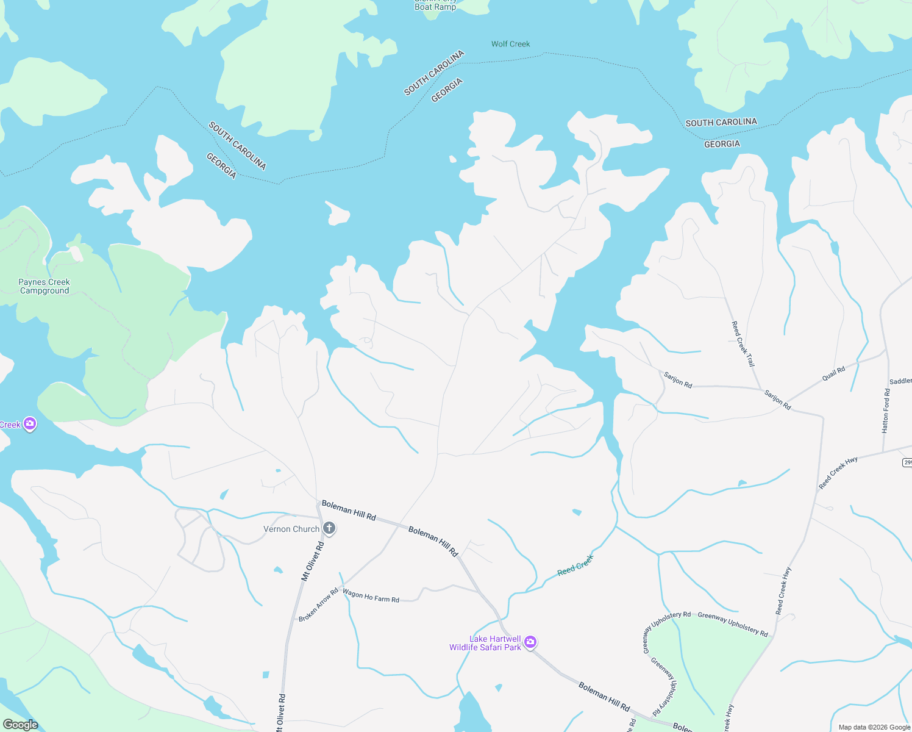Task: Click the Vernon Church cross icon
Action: tap(329, 528)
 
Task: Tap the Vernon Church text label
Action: tap(291, 529)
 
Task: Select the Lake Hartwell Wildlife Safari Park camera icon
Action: tap(530, 642)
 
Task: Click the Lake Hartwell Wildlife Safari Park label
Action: tap(486, 643)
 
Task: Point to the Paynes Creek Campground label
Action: tap(44, 286)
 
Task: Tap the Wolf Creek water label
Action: tap(510, 44)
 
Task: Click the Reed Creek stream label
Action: tap(575, 565)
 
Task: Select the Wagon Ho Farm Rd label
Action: tap(371, 595)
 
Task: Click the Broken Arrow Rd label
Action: tap(318, 605)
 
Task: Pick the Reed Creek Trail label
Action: tap(743, 343)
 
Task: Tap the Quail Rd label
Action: tap(833, 373)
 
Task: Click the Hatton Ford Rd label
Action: tap(886, 411)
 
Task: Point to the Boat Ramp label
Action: tap(435, 7)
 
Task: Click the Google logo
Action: tap(20, 725)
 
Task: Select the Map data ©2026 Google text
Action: tap(874, 727)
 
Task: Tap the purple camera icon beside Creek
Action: tap(29, 424)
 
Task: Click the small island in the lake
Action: tap(338, 213)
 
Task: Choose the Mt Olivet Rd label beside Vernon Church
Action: tap(313, 561)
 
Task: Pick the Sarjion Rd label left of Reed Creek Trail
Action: tap(678, 379)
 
